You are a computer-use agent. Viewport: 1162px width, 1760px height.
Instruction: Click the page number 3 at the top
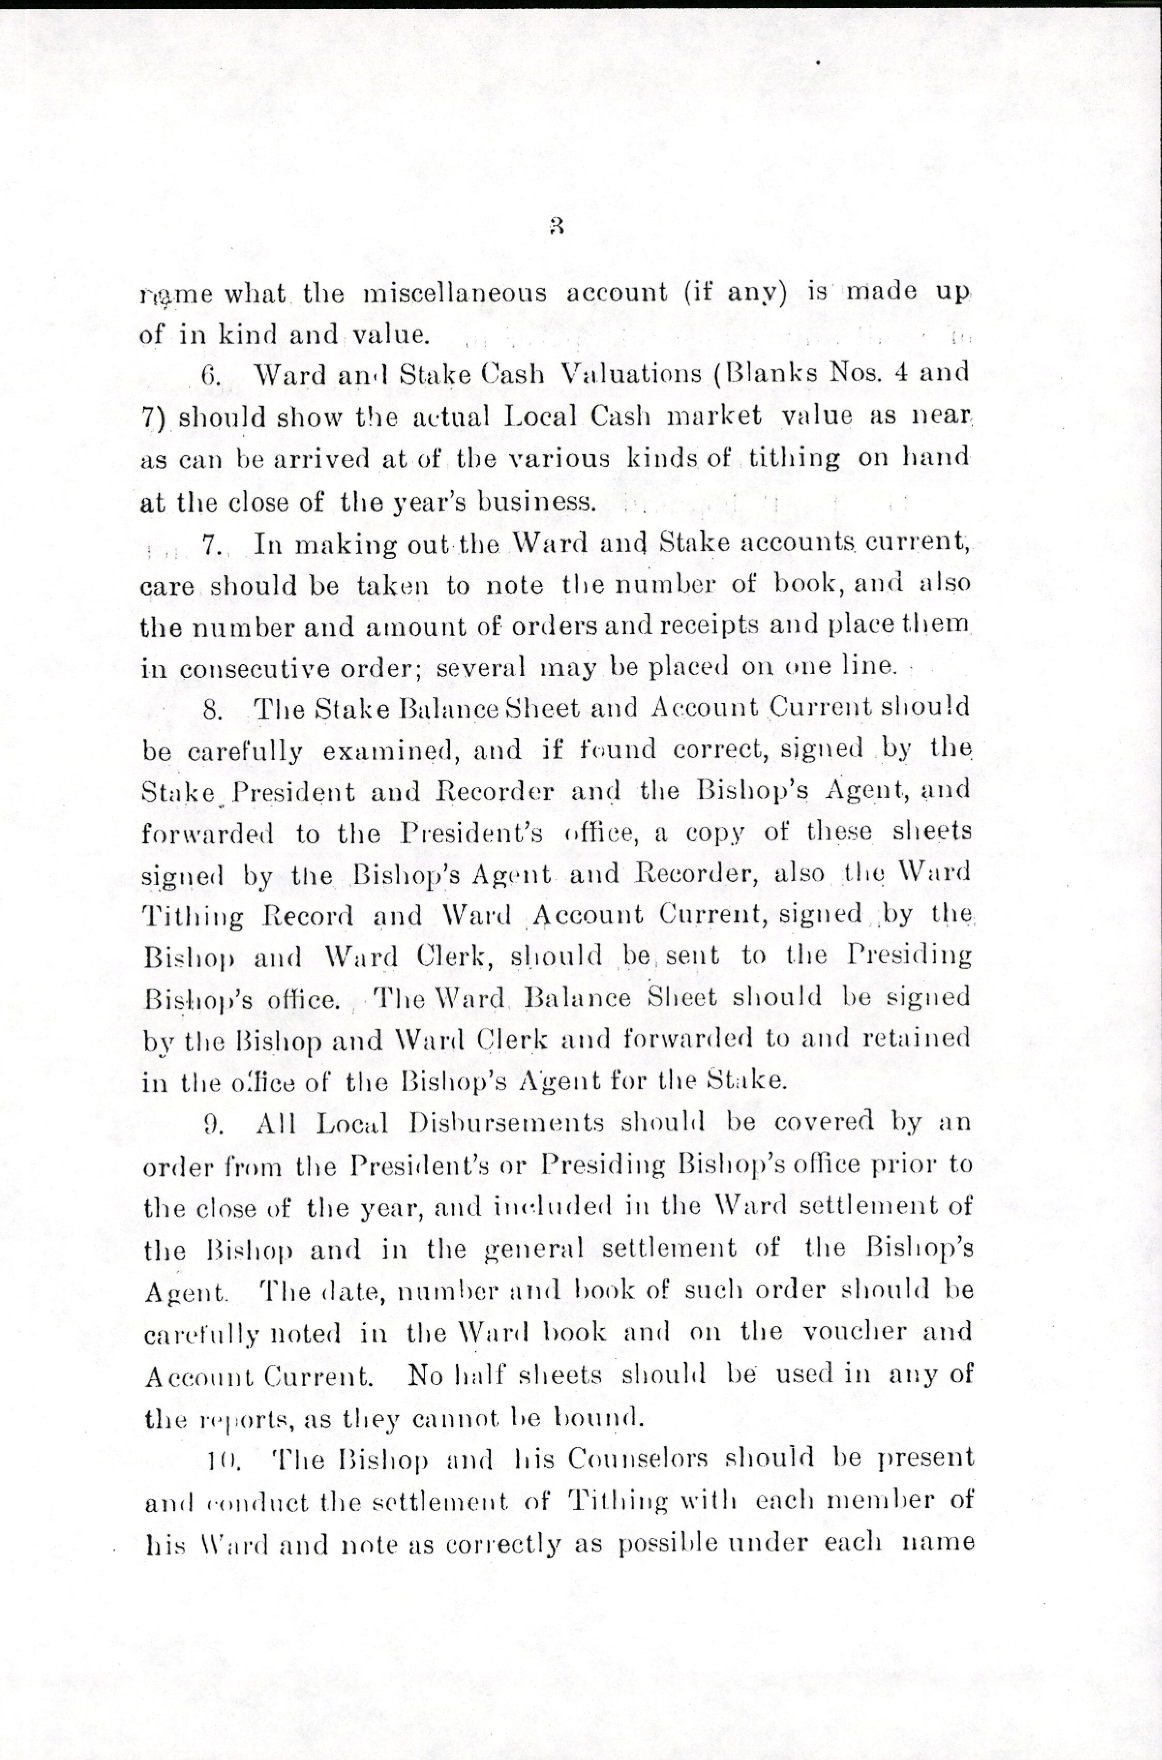[558, 226]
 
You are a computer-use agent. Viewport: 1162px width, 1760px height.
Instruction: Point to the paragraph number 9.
[213, 1124]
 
